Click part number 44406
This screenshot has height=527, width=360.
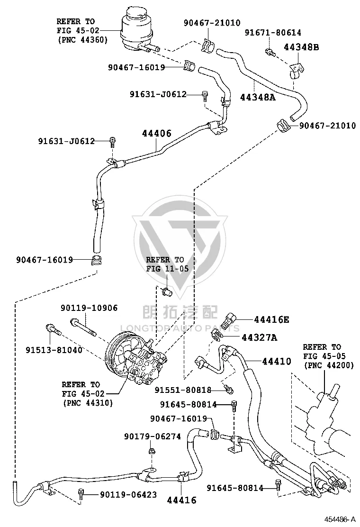[156, 134]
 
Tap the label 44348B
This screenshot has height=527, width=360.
[301, 47]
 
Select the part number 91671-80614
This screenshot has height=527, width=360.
[273, 33]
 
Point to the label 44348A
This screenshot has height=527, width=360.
[258, 97]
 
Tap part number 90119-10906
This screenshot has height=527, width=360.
[89, 308]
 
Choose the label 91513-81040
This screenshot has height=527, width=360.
[54, 350]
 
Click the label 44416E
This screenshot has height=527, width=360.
[271, 319]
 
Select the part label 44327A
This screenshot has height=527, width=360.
[260, 337]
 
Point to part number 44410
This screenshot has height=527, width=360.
[276, 361]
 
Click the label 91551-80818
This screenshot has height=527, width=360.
[183, 390]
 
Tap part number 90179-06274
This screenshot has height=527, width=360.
[153, 436]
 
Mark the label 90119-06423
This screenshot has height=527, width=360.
[128, 494]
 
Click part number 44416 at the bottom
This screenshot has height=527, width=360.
[182, 500]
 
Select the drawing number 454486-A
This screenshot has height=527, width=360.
[340, 519]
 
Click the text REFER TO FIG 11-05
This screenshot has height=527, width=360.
[167, 264]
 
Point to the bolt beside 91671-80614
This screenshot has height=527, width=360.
[270, 52]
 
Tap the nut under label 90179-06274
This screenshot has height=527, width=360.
[151, 450]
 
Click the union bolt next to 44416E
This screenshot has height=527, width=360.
[231, 320]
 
